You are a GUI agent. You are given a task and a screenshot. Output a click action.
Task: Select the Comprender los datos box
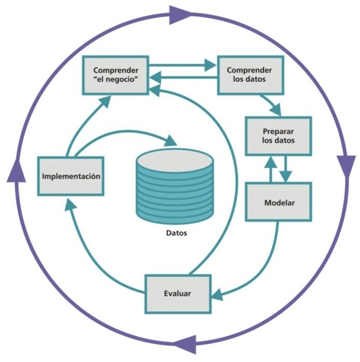[251, 75]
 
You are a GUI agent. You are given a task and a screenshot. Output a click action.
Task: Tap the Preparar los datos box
[278, 135]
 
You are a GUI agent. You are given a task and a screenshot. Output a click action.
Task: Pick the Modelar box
[278, 202]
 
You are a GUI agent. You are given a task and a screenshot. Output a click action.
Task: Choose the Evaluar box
[177, 293]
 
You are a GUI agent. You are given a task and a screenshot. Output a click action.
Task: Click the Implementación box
[71, 176]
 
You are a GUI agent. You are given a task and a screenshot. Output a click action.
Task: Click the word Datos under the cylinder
[177, 233]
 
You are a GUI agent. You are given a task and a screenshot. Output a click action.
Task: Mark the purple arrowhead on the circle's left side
[16, 170]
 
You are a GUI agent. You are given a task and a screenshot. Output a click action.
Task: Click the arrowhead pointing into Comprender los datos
[210, 65]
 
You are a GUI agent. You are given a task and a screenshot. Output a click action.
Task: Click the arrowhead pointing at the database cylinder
[171, 141]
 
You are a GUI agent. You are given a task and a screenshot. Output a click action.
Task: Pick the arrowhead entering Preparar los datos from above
[275, 109]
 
